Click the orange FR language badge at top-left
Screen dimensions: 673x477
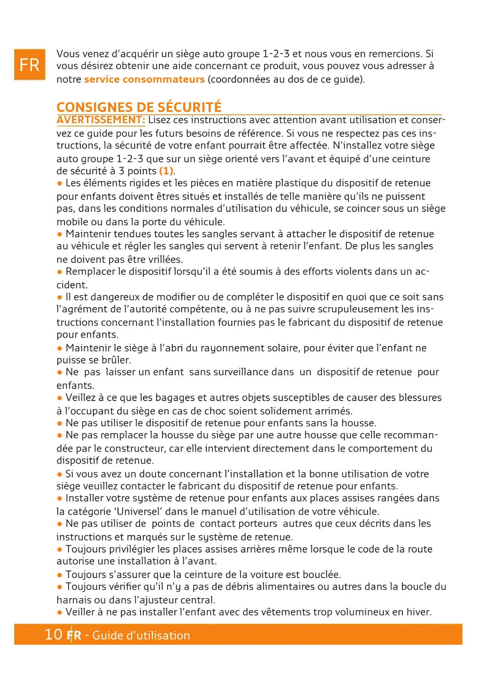30,65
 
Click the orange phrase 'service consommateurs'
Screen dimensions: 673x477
144,79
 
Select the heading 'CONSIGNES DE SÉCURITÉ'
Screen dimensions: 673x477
139,107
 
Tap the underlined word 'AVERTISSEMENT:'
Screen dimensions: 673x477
101,120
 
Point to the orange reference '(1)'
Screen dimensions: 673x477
166,171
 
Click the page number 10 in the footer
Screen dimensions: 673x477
53,634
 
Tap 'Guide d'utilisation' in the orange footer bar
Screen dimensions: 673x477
141,635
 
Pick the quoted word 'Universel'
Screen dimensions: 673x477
138,511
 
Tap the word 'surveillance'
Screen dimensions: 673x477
238,372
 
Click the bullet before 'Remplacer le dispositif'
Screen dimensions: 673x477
60,272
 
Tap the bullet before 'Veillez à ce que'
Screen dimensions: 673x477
60,398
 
